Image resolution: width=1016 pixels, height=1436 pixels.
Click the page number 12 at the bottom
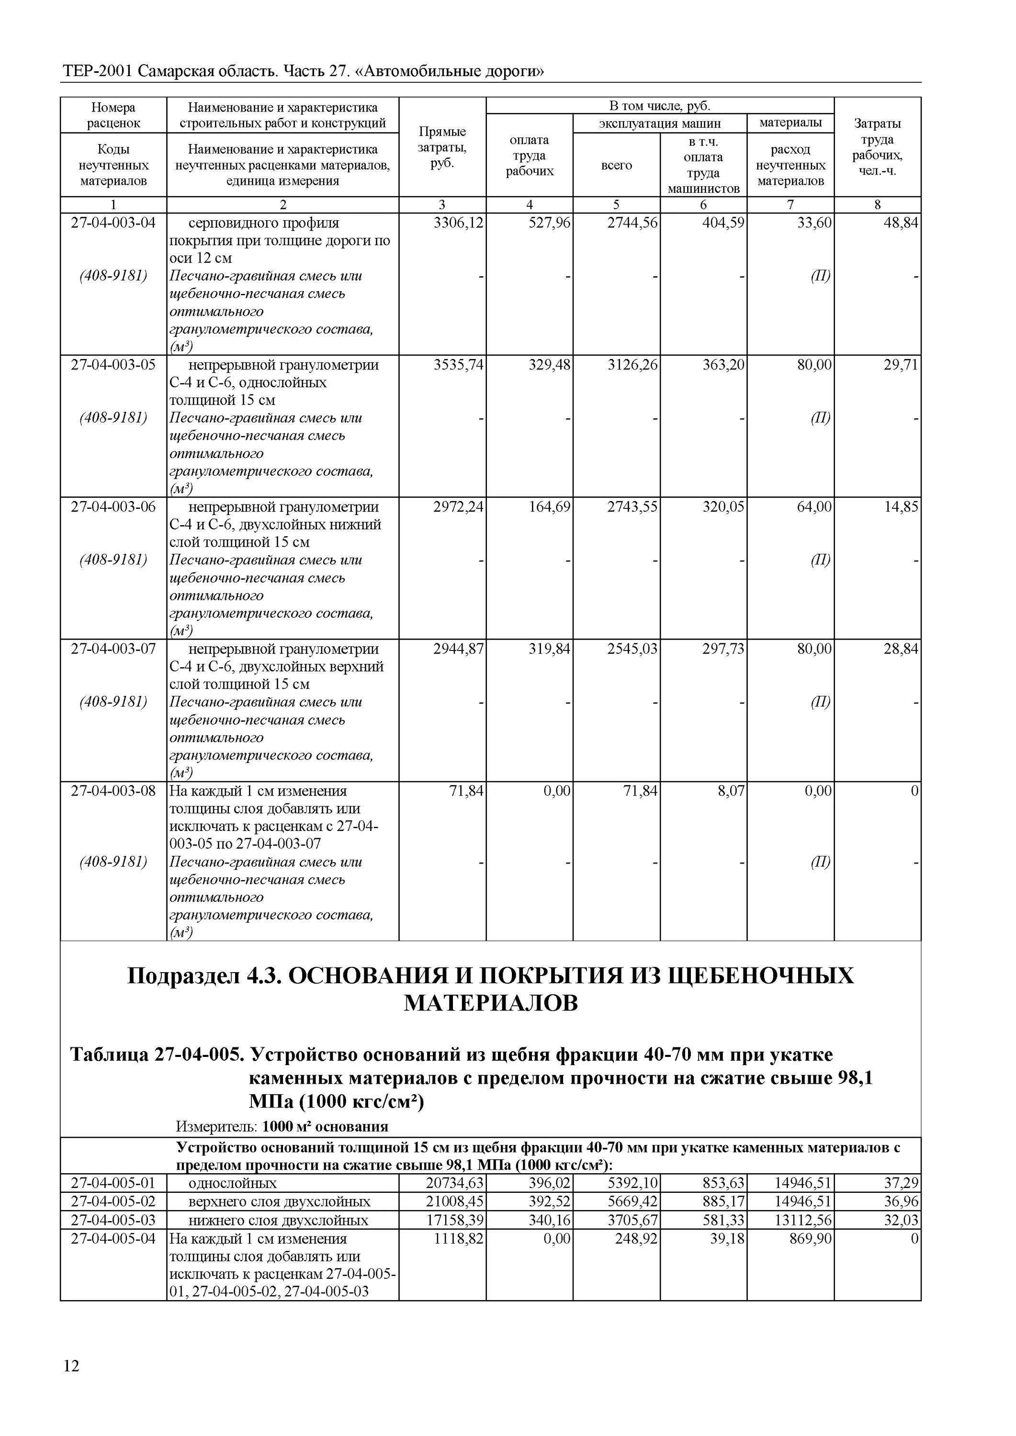tap(72, 1383)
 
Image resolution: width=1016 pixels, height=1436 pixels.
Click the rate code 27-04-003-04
tap(113, 223)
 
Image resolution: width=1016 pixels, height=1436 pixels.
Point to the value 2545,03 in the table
tap(632, 649)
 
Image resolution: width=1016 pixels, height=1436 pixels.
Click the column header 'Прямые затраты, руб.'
tap(442, 147)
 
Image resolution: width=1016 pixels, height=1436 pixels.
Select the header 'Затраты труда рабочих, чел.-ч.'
tap(877, 147)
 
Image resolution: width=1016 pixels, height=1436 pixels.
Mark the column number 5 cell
tap(616, 204)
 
